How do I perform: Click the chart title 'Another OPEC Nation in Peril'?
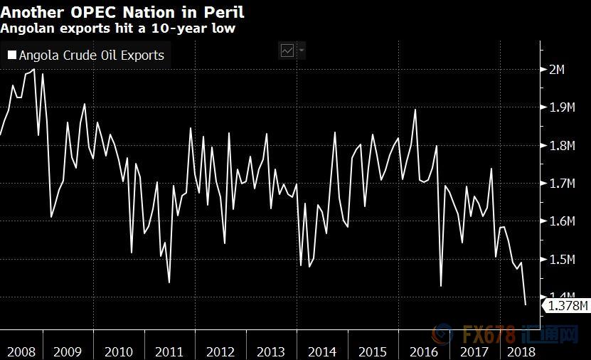point(122,12)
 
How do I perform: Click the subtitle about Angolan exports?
point(117,28)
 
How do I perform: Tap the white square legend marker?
point(12,55)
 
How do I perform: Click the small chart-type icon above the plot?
point(288,51)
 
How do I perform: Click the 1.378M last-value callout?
point(565,306)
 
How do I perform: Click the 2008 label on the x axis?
point(21,351)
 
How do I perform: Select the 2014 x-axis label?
point(322,351)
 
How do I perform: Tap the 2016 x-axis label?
point(424,351)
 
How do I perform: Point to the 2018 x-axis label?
point(520,351)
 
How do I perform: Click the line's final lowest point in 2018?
point(526,305)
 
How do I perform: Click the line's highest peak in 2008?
point(34,69)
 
